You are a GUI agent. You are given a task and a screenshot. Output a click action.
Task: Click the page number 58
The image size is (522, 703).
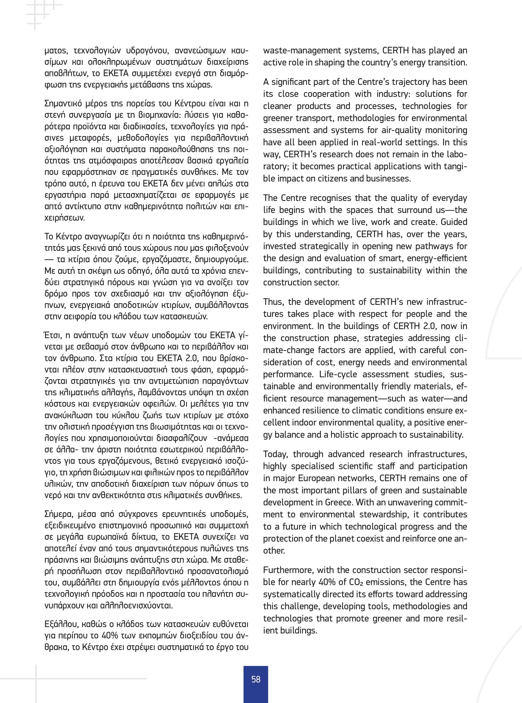coord(256,679)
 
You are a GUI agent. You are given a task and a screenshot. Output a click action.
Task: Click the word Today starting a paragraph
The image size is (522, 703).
coord(275,454)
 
